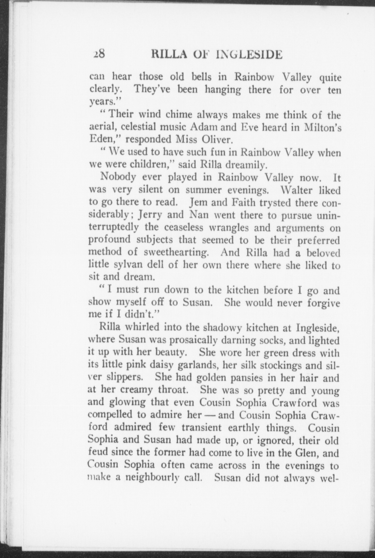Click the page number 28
(x=99, y=54)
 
